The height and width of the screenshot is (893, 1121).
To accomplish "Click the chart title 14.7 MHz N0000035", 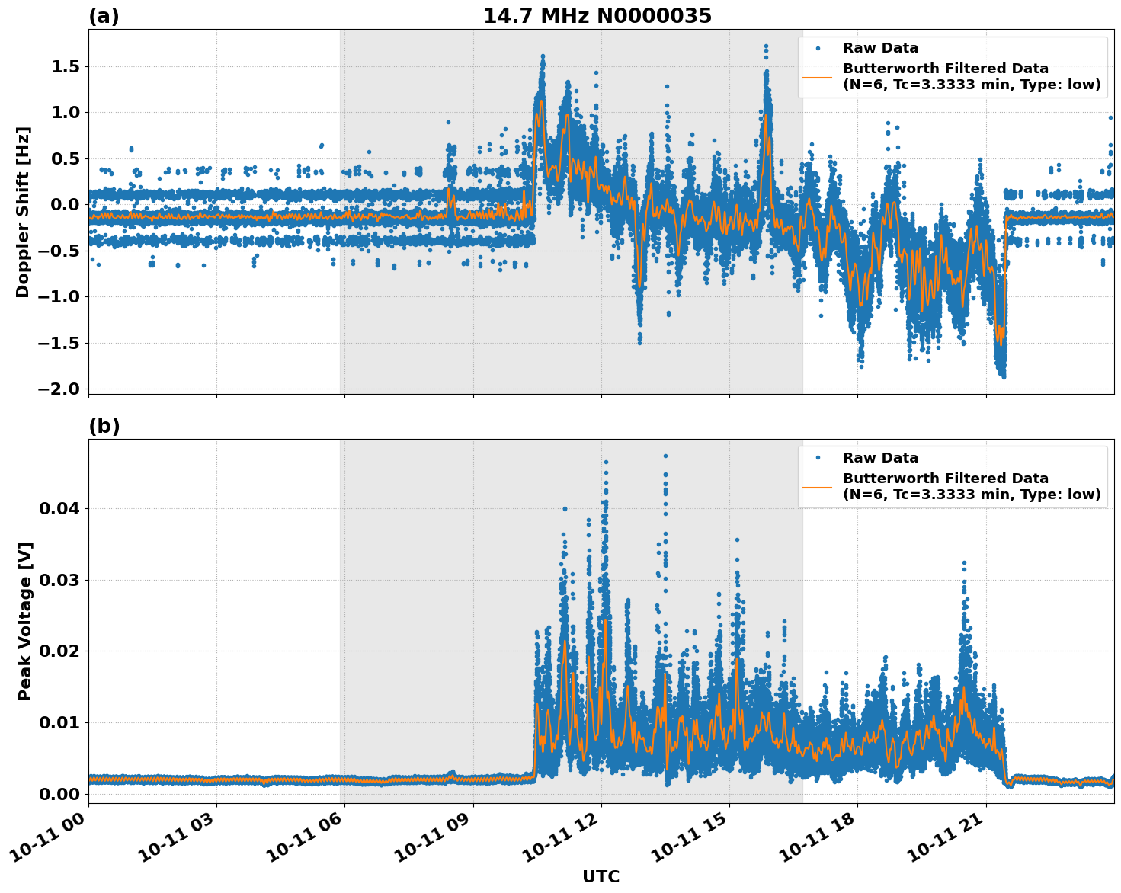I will tap(597, 16).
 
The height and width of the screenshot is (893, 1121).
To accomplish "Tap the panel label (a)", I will tap(104, 16).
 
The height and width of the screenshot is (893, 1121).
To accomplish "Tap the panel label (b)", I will tap(104, 426).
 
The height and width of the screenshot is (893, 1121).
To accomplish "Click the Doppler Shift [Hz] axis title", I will tap(23, 212).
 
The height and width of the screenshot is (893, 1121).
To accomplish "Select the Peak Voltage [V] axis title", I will tap(25, 621).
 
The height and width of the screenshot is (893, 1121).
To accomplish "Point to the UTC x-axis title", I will tap(601, 876).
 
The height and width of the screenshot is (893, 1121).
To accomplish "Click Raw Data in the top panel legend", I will tap(880, 48).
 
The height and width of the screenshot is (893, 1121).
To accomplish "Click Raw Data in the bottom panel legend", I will tap(880, 458).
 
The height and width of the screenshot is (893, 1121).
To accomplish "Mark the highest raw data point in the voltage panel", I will tap(665, 456).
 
